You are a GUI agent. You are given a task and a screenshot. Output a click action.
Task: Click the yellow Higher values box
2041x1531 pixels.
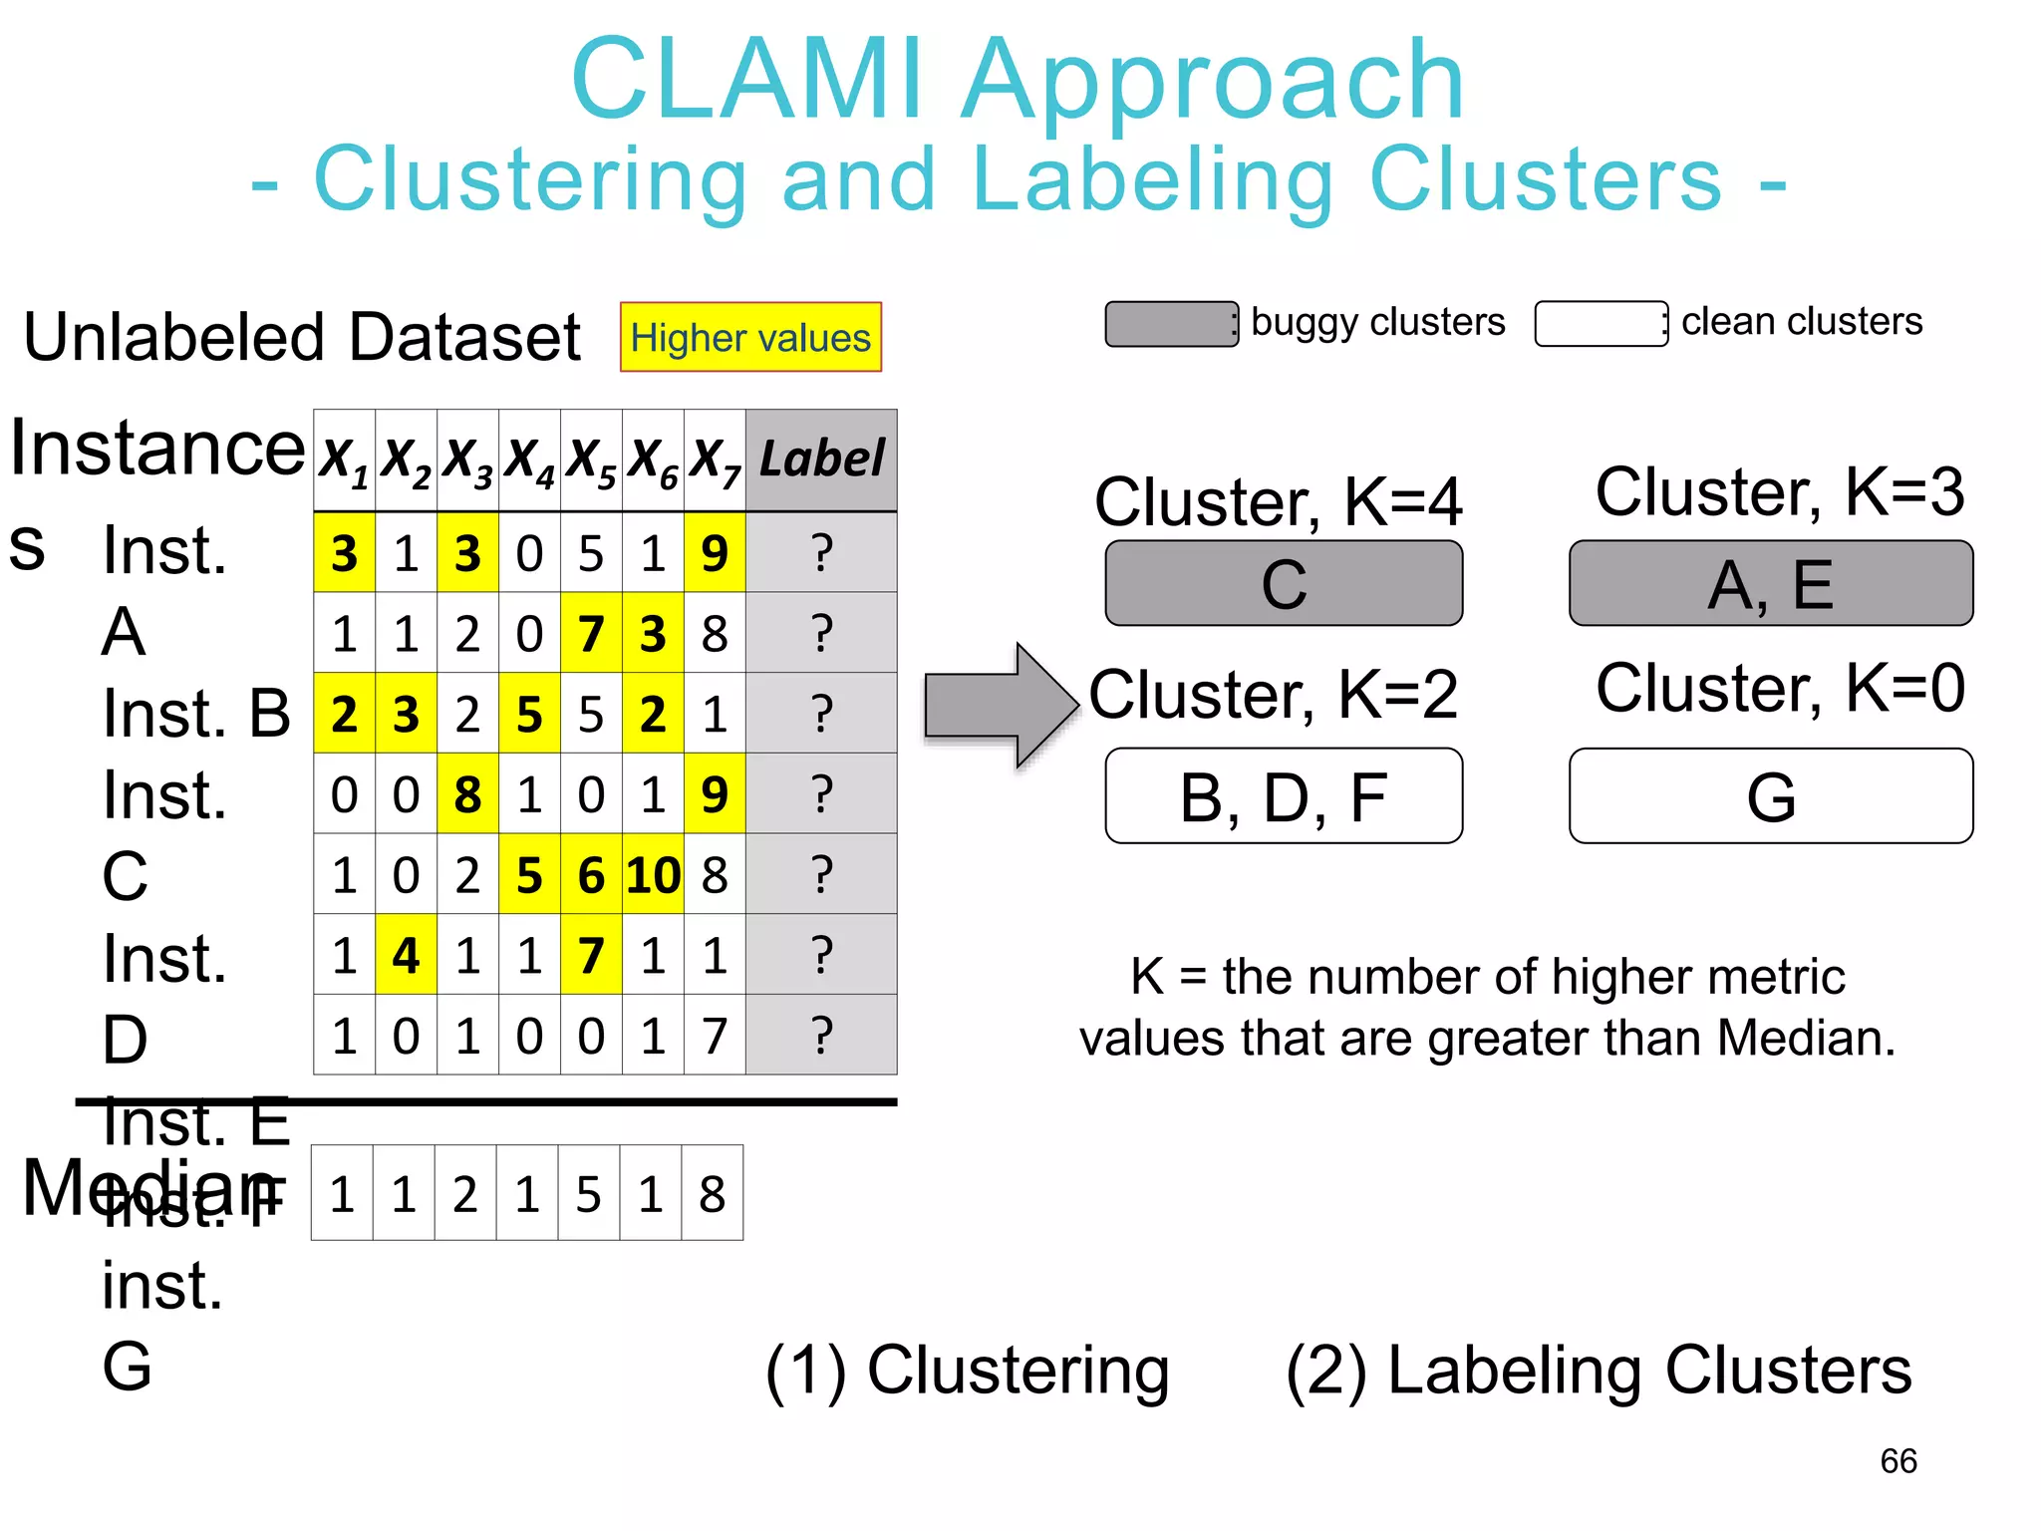750,337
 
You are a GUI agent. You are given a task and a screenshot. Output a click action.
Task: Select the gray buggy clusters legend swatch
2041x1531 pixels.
1171,324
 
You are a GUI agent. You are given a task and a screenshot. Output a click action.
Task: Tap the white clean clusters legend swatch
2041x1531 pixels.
1601,324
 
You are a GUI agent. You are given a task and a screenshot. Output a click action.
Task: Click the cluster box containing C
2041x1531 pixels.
1284,583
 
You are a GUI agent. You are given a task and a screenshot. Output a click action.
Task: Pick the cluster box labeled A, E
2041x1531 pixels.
1771,583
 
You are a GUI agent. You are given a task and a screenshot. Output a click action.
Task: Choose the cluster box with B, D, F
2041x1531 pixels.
1284,795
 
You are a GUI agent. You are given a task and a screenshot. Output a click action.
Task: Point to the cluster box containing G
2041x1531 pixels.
1771,795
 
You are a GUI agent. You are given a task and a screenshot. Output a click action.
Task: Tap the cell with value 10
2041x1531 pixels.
653,875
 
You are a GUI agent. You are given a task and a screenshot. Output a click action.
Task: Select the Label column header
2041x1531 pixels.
821,459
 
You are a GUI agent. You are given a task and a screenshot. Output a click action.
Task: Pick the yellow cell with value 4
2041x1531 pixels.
406,955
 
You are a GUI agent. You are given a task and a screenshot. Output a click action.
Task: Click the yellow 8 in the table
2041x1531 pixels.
467,794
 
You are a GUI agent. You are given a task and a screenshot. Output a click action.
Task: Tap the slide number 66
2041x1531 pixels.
1898,1461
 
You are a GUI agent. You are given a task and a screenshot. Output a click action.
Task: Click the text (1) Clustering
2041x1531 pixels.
967,1371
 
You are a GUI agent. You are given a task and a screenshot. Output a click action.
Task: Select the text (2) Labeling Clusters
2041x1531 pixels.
1599,1371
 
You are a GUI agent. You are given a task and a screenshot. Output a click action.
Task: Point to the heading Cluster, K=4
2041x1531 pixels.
1278,501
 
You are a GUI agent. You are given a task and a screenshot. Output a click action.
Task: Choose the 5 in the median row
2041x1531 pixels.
589,1193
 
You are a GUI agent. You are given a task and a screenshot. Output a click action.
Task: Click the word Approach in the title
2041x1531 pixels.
1213,80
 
